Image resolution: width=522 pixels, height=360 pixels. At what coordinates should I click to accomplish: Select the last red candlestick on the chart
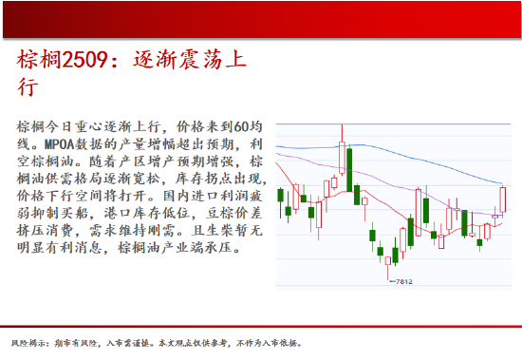tap(502, 200)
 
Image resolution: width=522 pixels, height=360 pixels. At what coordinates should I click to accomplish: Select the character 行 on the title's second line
tap(28, 88)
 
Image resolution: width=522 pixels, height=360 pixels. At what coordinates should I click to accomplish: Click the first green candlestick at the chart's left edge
tap(282, 195)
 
